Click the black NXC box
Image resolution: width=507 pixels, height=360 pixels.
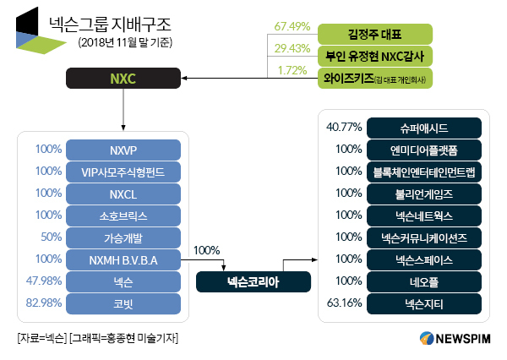coord(123,79)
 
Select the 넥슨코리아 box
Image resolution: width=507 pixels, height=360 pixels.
coord(253,282)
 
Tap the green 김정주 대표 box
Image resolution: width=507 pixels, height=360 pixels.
coord(375,34)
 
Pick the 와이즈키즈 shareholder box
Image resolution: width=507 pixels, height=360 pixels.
coord(375,78)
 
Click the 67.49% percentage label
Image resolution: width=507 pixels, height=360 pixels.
coord(292,26)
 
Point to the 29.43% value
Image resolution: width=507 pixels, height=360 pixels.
coord(292,48)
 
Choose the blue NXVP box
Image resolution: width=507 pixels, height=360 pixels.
coord(123,150)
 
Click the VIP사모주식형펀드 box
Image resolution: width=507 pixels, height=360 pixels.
coord(123,172)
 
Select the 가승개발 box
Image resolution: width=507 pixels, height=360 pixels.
coord(123,238)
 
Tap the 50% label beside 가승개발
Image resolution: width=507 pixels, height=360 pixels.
coord(51,237)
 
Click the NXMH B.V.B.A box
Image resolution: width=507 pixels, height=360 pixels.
coord(123,260)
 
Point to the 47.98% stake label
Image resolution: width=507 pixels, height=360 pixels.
coord(44,281)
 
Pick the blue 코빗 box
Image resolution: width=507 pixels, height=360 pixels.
coord(123,304)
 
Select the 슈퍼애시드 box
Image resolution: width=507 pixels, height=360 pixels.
coord(424,128)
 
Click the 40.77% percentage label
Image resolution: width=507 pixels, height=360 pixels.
coord(344,127)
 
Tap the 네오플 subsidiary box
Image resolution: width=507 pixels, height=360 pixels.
coord(424,282)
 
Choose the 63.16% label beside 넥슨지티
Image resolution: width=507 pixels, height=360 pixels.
coord(344,303)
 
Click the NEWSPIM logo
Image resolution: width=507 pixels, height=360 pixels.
coord(455,338)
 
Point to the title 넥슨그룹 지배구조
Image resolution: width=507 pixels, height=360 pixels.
coord(110,25)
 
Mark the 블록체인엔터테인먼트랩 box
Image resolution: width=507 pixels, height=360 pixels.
coord(424,172)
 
